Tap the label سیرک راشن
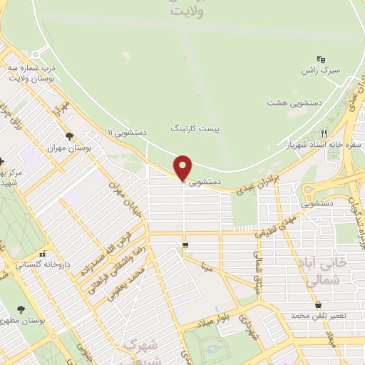(x=321, y=73)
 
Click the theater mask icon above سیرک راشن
(x=321, y=60)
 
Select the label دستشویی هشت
(x=295, y=103)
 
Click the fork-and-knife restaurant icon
(x=324, y=132)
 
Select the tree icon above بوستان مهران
(x=69, y=136)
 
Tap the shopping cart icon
(x=185, y=246)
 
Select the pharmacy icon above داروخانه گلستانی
(x=43, y=254)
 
